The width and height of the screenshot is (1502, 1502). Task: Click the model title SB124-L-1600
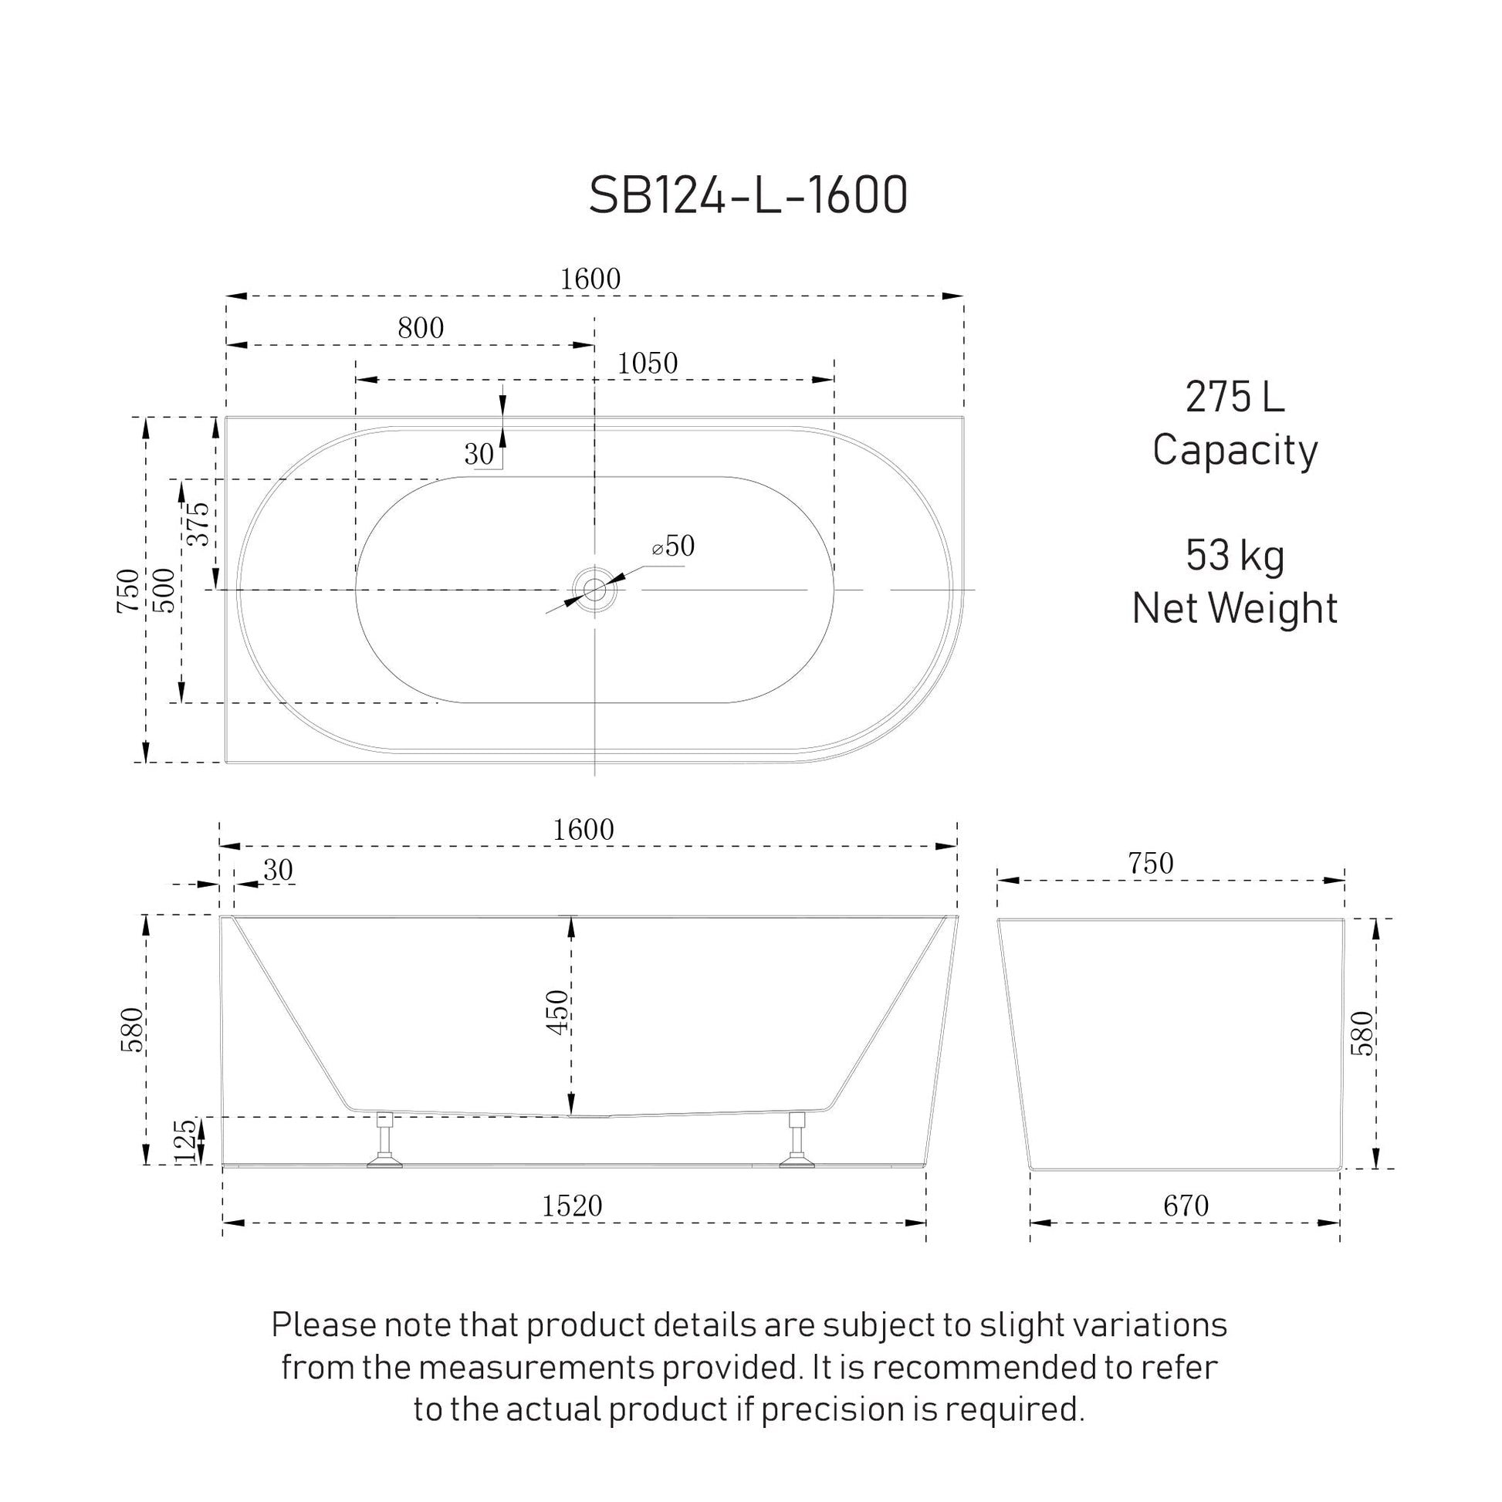748,195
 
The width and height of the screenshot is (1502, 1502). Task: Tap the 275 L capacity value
1235,397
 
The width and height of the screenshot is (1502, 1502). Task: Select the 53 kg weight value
1235,556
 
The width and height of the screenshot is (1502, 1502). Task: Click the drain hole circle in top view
595,590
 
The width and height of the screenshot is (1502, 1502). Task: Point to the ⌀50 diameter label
673,546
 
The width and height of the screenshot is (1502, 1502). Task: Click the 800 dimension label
421,328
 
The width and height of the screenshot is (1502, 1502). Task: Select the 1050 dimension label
648,363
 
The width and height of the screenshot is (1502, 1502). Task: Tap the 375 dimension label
198,524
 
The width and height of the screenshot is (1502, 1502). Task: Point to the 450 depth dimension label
557,1012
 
